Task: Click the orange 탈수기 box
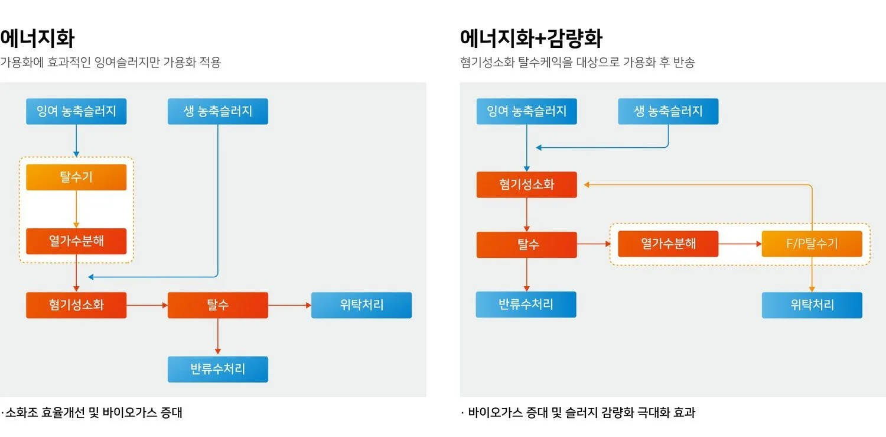coord(76,177)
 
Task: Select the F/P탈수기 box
coord(812,244)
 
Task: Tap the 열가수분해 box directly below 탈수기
coord(76,241)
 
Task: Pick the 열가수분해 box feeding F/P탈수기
coord(668,244)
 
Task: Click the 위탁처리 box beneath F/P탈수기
coord(812,305)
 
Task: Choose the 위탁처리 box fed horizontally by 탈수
coord(361,305)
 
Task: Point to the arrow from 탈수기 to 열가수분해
coord(76,209)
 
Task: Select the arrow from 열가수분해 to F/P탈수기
coord(740,244)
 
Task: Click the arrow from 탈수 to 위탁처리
coord(289,305)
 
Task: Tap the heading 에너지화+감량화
coord(531,39)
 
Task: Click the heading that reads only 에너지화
coord(37,39)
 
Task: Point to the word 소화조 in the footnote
coord(22,413)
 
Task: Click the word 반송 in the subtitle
coord(683,62)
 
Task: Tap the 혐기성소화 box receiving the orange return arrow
coord(526,184)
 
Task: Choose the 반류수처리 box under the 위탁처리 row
coord(217,369)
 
